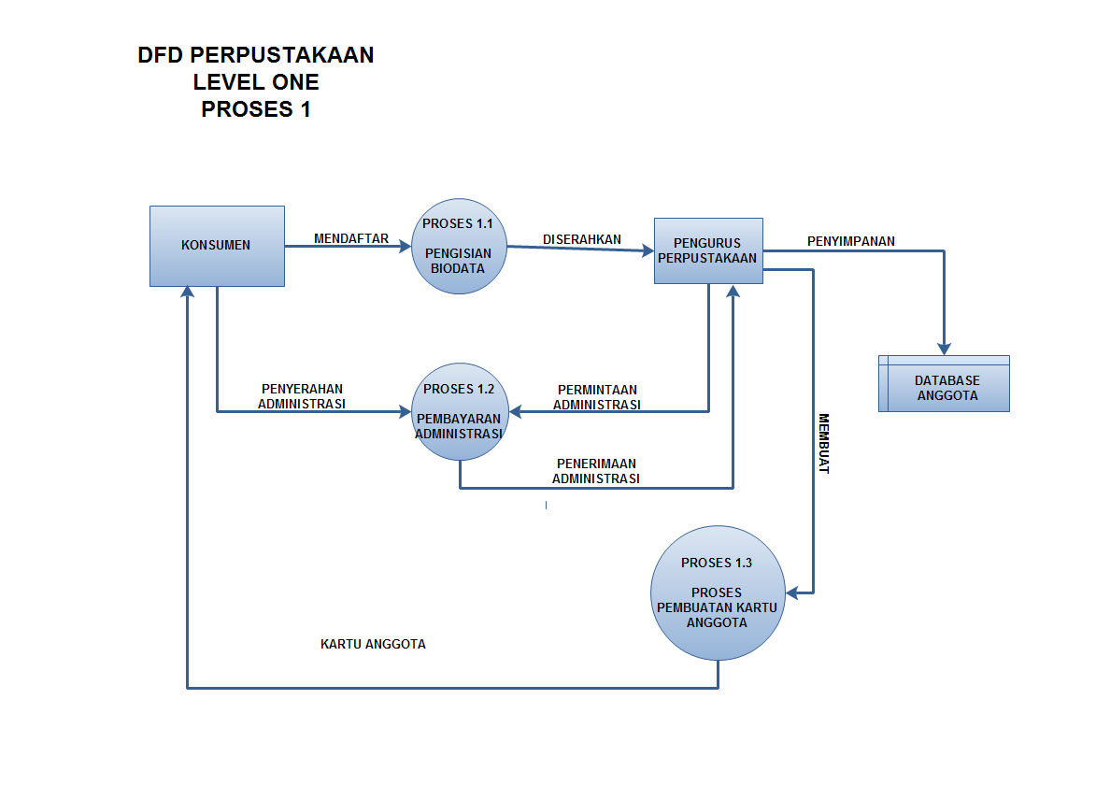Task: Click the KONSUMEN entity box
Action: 217,246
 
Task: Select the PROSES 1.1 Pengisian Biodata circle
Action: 458,247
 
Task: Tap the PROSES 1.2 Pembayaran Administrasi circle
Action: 458,412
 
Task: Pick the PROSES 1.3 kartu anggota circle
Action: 717,593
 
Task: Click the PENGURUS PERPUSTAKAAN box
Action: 707,250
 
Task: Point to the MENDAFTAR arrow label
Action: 351,238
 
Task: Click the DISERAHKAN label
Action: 582,239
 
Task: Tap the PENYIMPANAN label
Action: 851,241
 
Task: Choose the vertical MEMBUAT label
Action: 824,444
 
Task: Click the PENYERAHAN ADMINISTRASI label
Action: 302,396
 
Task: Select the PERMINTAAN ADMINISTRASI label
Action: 597,397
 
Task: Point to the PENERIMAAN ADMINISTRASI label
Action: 596,470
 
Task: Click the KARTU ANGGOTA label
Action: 373,644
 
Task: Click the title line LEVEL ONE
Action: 256,82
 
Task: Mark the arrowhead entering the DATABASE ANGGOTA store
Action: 944,348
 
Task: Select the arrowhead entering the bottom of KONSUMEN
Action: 188,293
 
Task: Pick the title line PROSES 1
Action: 256,109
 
